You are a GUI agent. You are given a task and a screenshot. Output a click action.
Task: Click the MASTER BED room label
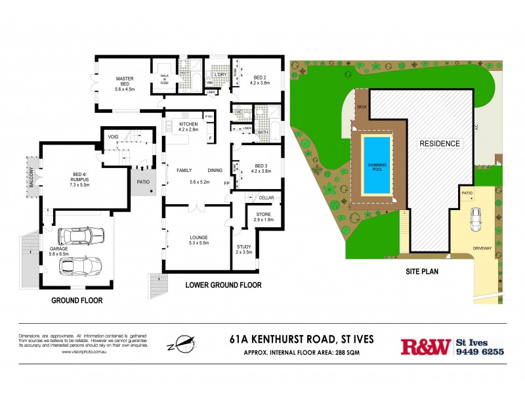coord(125,83)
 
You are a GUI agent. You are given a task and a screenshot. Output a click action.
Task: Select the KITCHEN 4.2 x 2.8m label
coord(188,127)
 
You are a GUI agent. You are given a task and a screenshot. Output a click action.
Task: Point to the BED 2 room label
coord(260,80)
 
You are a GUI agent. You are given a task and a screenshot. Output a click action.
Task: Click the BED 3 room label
coord(261,169)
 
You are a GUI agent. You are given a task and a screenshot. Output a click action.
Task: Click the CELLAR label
coord(266,198)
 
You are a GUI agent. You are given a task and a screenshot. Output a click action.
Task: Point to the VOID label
coord(113,137)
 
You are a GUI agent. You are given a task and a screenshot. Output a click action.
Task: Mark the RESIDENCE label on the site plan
coord(440,143)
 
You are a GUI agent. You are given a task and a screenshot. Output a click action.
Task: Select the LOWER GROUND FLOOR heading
coord(223,285)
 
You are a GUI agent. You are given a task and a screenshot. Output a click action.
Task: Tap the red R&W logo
coord(425,346)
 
